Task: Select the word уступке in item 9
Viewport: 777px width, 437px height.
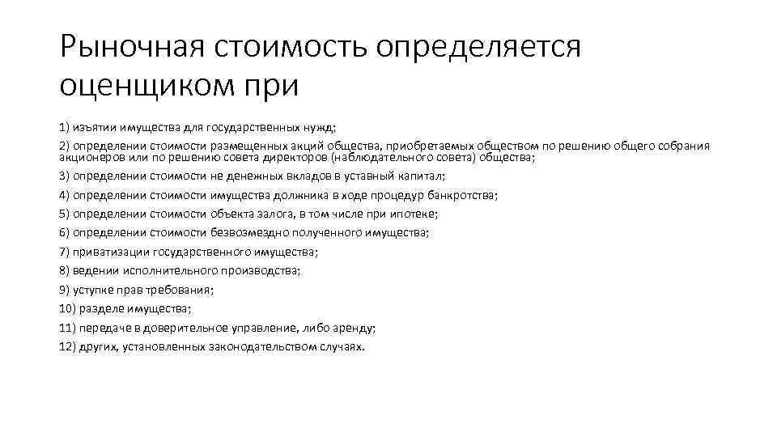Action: click(93, 290)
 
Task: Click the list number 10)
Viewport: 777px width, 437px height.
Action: click(67, 308)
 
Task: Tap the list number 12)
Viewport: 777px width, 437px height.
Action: click(67, 346)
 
